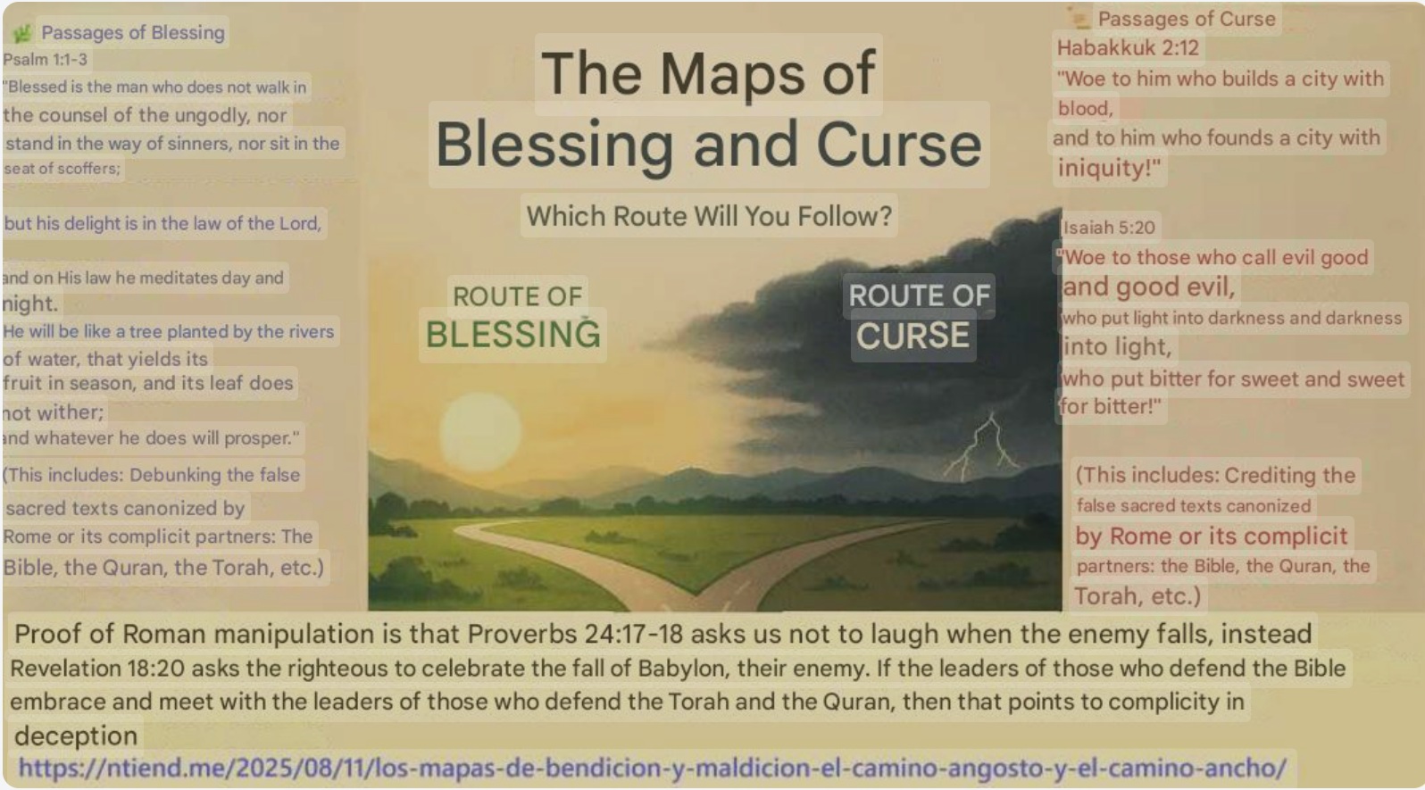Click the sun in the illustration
coord(480,432)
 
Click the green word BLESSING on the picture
coord(512,335)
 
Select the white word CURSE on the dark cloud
coord(912,336)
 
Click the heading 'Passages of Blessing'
coord(133,32)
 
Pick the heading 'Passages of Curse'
coord(1187,19)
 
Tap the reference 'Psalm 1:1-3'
coord(46,59)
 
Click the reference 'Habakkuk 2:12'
coord(1128,47)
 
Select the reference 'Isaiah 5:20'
coord(1109,227)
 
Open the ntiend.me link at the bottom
coord(652,768)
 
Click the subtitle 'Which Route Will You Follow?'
coord(709,216)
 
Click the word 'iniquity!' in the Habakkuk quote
coord(1109,168)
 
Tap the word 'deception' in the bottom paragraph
coord(76,736)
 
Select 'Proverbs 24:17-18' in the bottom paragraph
coord(575,634)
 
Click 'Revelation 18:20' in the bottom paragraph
coord(97,669)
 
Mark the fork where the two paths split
coord(696,595)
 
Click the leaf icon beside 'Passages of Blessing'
coord(23,33)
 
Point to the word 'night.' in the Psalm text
coord(29,304)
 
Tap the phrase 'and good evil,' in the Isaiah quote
coord(1148,287)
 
